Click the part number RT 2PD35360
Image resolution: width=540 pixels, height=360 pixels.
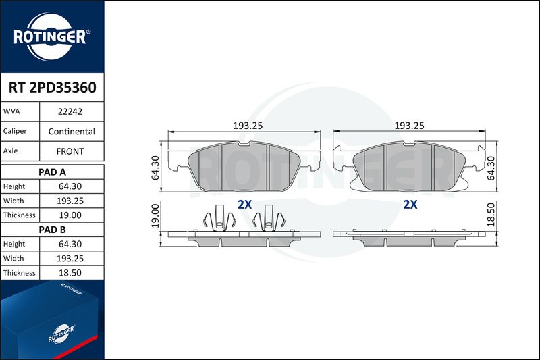coord(53,88)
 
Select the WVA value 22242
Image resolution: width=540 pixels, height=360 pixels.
coord(70,111)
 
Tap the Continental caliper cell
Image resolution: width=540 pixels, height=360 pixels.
coord(72,131)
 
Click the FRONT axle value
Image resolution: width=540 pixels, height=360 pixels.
coord(70,151)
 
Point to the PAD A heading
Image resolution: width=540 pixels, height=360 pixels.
coord(53,172)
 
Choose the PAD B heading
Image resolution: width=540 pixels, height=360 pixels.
coord(53,230)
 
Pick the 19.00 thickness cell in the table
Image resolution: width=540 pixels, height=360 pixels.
coord(70,215)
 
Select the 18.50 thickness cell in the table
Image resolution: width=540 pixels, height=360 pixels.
coord(70,273)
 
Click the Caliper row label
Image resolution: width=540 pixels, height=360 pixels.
coord(15,131)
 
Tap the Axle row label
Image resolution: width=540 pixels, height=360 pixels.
coord(10,151)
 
